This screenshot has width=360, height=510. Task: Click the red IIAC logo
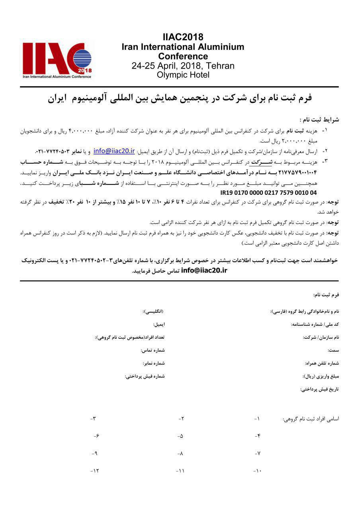(57, 60)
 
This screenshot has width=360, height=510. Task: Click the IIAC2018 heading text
(183, 37)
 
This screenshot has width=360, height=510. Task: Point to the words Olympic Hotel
(183, 75)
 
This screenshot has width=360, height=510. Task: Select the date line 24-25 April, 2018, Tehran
(183, 66)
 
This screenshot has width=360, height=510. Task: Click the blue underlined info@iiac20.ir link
(114, 151)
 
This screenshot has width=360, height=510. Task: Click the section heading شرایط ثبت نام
(319, 120)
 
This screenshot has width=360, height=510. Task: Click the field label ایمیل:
(159, 324)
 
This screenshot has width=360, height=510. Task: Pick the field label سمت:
(333, 350)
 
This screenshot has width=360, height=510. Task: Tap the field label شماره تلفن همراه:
(322, 363)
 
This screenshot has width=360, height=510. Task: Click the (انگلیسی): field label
(153, 311)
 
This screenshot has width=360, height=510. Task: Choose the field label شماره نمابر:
(154, 363)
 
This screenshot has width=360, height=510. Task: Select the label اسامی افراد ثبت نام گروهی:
(311, 419)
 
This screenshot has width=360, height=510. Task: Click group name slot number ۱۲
(94, 471)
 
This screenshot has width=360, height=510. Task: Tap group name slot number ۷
(257, 453)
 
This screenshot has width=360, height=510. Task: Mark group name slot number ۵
(180, 436)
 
